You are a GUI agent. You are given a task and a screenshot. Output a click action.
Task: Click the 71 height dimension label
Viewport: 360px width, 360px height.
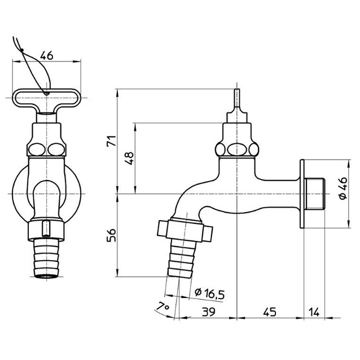click(x=112, y=141)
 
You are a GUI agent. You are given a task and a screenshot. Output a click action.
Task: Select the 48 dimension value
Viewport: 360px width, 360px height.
click(x=129, y=158)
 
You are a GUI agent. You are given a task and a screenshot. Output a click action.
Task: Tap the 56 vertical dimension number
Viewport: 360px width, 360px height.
click(x=112, y=235)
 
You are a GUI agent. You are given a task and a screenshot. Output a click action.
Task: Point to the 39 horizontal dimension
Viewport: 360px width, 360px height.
click(x=209, y=312)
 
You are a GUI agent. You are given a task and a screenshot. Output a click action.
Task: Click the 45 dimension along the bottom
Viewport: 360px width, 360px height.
click(x=270, y=312)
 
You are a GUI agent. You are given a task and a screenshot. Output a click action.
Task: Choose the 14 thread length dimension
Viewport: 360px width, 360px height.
click(x=314, y=312)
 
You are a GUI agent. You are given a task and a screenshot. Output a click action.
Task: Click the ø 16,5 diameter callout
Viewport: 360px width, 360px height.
click(x=209, y=293)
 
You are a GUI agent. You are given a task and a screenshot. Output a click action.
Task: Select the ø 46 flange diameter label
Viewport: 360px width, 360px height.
click(x=343, y=188)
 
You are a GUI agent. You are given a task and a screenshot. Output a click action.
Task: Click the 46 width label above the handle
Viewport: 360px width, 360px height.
click(x=47, y=55)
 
